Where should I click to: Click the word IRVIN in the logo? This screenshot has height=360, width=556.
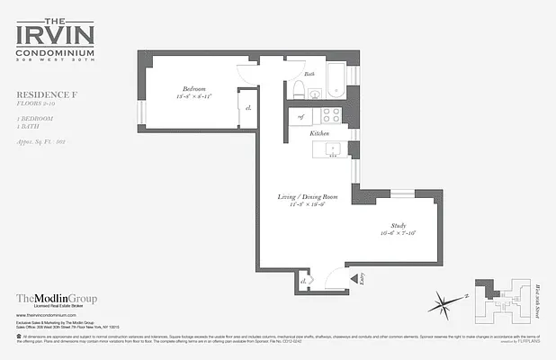[56, 36]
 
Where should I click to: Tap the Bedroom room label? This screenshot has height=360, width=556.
[195, 88]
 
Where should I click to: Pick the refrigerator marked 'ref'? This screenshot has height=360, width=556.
[300, 116]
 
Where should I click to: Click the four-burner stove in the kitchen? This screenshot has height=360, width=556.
[330, 115]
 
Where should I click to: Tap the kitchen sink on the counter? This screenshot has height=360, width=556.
[332, 148]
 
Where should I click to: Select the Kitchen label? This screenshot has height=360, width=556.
[319, 132]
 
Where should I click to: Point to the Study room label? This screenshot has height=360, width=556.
[399, 225]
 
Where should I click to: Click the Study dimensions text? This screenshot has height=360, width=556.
[399, 234]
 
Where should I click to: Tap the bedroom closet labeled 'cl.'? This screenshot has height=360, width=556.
[247, 109]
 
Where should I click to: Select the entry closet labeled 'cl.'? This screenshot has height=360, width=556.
[303, 282]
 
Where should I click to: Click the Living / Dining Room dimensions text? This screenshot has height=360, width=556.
[300, 204]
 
